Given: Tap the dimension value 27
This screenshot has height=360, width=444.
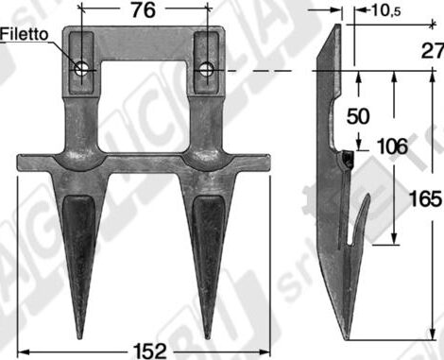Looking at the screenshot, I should pyautogui.click(x=432, y=50).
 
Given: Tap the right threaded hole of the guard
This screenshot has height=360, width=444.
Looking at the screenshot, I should pyautogui.click(x=206, y=68).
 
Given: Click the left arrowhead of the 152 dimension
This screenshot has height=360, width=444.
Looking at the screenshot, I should pyautogui.click(x=19, y=348).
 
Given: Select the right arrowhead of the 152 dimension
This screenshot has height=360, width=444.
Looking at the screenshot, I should pyautogui.click(x=268, y=348).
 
